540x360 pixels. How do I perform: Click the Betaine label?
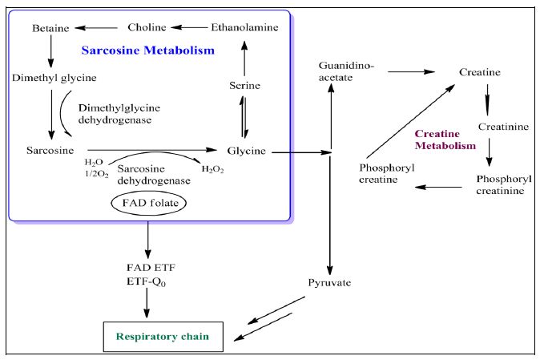pos(51,29)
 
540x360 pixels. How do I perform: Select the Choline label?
pos(147,27)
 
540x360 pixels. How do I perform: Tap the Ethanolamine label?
pos(245,27)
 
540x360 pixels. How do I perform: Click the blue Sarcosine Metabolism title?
pos(148,51)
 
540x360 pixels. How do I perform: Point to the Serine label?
pos(244,85)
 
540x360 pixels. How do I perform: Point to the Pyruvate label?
pos(329,282)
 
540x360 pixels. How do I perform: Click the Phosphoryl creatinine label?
pos(501,184)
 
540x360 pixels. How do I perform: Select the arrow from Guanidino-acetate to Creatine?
pos(411,72)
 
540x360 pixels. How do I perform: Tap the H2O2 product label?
pos(212,169)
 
